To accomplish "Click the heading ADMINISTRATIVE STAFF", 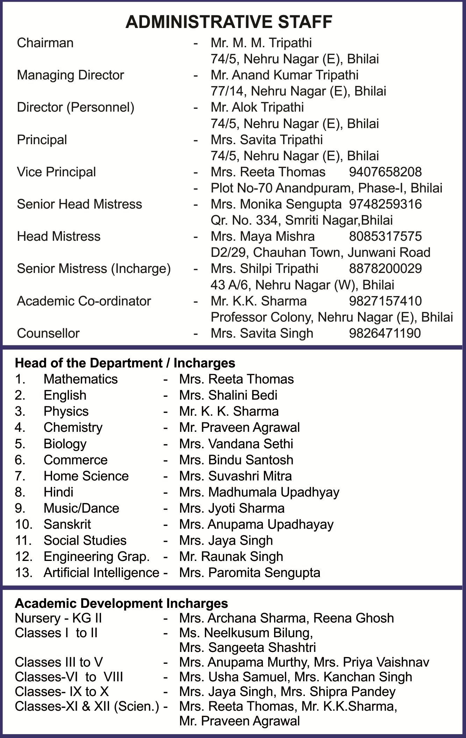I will coord(229,22).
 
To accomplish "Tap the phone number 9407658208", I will coord(385,172).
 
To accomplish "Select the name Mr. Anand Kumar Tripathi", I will coord(284,75).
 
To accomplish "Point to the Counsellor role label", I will coord(48,333).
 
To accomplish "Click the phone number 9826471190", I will coord(385,333).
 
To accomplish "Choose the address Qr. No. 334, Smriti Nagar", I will coord(301,220).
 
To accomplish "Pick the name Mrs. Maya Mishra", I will coord(263,236).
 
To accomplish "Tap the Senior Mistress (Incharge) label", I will coord(94,268).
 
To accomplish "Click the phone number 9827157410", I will coord(385,301).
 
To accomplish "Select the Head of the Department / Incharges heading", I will coord(125,363).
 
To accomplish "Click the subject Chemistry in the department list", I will coord(73,427).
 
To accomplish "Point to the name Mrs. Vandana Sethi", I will coord(236,444).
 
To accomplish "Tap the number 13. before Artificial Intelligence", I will coord(23,572).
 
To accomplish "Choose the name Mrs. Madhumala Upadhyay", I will coord(259,492).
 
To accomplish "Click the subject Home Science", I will coord(86,476).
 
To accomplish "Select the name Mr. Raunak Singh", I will coord(231,556).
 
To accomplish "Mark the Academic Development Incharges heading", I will coord(121,603).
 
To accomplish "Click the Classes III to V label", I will coord(59,662).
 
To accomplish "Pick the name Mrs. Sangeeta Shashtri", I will coord(247,647).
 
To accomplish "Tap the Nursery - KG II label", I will coord(58,618).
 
